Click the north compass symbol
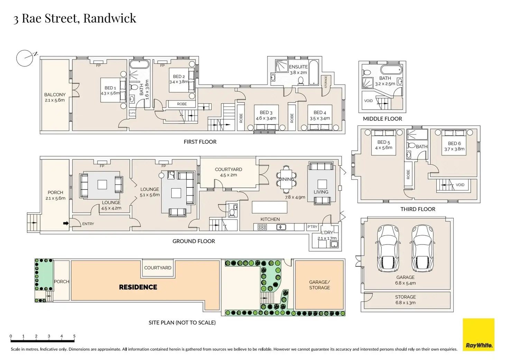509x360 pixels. pos(25,58)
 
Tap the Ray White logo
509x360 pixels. pos(479,334)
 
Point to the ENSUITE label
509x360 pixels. pos(298,67)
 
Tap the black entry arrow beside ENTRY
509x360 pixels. pos(66,223)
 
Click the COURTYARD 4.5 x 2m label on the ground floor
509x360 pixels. pos(228,172)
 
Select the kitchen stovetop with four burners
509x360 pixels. pos(262,227)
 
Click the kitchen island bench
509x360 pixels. pos(270,207)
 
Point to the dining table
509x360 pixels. pos(286,179)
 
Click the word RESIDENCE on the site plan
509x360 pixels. pos(138,287)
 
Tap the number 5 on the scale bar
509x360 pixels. pos(74,336)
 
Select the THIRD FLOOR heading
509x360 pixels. pos(418,209)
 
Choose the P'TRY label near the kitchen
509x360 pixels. pos(312,227)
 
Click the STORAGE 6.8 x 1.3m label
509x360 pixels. pos(405,299)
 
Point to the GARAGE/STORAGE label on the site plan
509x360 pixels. pos(320,285)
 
